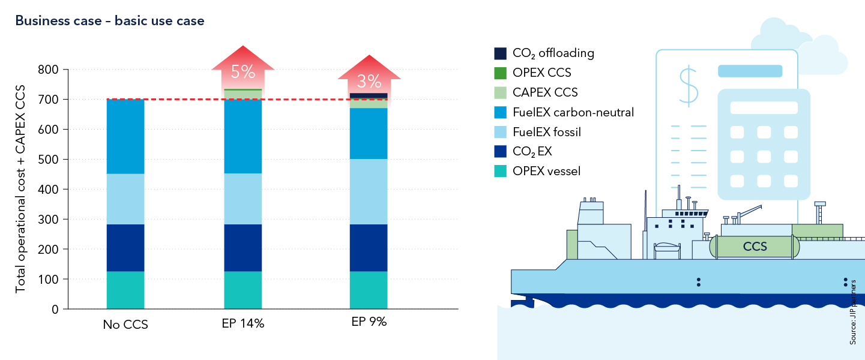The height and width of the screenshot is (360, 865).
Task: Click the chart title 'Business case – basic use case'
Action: tap(110, 21)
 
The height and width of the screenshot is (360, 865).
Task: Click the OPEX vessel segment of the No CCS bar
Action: tap(125, 290)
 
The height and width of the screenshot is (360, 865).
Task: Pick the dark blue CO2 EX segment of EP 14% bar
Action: tap(243, 248)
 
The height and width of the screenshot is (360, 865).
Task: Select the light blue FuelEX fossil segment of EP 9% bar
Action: tap(369, 191)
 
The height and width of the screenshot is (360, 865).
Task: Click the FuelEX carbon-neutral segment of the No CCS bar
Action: tap(125, 136)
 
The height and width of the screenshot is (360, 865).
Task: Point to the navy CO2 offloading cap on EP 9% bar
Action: tap(369, 96)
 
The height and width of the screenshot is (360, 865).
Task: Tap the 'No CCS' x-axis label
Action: tap(125, 325)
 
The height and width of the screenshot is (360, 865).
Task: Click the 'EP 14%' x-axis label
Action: tap(243, 323)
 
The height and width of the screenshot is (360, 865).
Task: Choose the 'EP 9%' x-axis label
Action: tap(369, 322)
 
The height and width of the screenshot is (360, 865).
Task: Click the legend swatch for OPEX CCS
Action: tap(500, 73)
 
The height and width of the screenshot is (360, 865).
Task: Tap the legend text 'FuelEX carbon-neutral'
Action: tap(573, 112)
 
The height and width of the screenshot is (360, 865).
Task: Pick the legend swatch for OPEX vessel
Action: tap(500, 171)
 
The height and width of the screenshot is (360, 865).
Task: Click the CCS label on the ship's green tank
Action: tap(755, 246)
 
